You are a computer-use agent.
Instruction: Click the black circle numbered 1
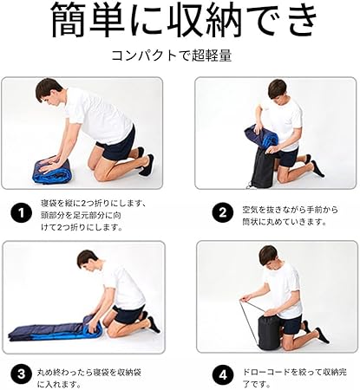click(x=21, y=213)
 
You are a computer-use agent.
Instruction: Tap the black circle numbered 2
click(x=223, y=213)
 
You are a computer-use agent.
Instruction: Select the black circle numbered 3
click(x=21, y=374)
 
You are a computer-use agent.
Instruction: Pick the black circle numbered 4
click(x=223, y=375)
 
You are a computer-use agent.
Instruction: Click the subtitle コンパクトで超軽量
click(x=172, y=55)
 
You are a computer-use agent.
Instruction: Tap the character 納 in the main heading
click(x=223, y=19)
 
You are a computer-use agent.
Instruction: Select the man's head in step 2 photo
click(x=278, y=89)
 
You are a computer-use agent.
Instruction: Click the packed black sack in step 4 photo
click(x=270, y=331)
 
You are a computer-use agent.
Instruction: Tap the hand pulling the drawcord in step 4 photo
click(x=245, y=298)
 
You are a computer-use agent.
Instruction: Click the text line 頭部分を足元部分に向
click(x=81, y=216)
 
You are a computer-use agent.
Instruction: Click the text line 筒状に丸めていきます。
click(x=285, y=222)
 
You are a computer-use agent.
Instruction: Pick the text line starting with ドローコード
click(x=294, y=372)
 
